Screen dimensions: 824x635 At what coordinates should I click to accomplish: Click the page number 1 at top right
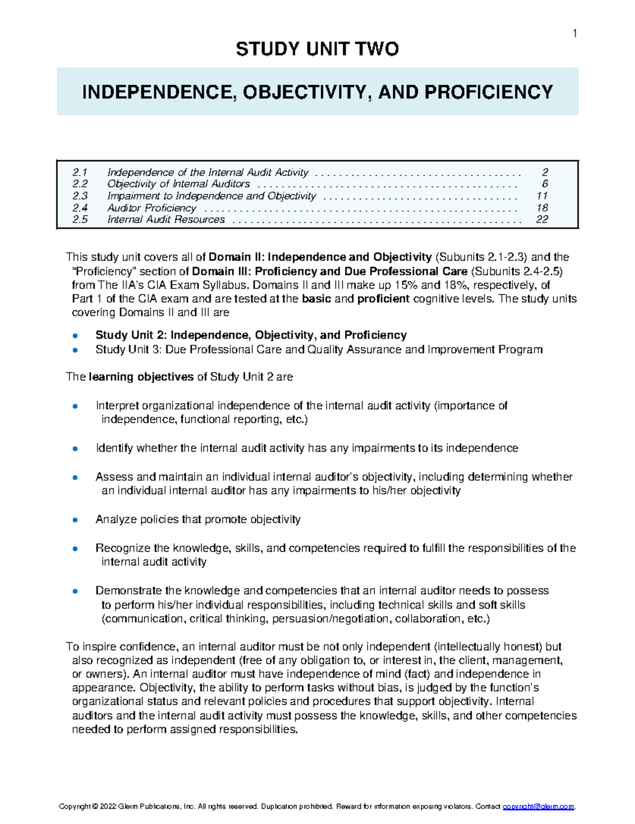coord(575,34)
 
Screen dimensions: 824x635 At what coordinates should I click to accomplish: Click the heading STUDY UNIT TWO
coord(317,49)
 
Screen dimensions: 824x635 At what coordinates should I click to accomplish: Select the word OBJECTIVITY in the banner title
coord(304,92)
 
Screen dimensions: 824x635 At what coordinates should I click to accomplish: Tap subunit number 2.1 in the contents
coord(80,172)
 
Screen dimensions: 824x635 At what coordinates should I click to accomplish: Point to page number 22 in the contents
coord(542,219)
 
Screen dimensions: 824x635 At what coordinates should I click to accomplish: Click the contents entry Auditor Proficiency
coord(151,208)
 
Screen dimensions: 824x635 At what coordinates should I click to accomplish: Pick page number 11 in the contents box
coord(542,196)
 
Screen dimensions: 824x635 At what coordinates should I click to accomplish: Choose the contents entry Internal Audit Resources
coord(166,219)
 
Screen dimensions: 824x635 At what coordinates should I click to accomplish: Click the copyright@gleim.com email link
coord(538,807)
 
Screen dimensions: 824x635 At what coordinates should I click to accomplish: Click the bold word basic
coord(316,299)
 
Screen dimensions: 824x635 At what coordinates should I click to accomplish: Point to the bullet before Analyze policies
coord(75,520)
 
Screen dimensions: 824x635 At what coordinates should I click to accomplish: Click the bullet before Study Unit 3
coord(75,350)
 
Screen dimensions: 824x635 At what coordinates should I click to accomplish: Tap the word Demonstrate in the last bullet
coord(129,591)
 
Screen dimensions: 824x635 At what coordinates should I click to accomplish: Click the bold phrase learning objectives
coord(141,377)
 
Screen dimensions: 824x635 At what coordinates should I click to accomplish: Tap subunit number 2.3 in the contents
coord(80,196)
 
